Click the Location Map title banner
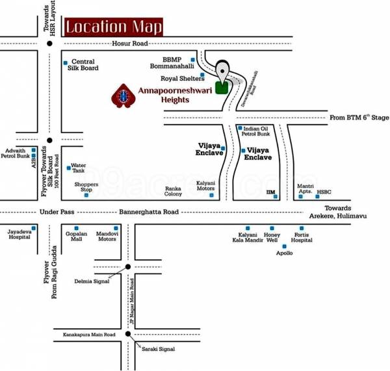[113, 27]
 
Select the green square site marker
[222, 88]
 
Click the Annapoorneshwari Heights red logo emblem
[122, 96]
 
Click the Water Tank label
[79, 168]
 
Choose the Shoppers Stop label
[86, 187]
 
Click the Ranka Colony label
[173, 191]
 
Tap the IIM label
[272, 193]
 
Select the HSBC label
[324, 192]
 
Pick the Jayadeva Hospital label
[19, 235]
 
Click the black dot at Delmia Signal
[129, 267]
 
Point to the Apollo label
[285, 253]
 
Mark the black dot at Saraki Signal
[129, 335]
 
